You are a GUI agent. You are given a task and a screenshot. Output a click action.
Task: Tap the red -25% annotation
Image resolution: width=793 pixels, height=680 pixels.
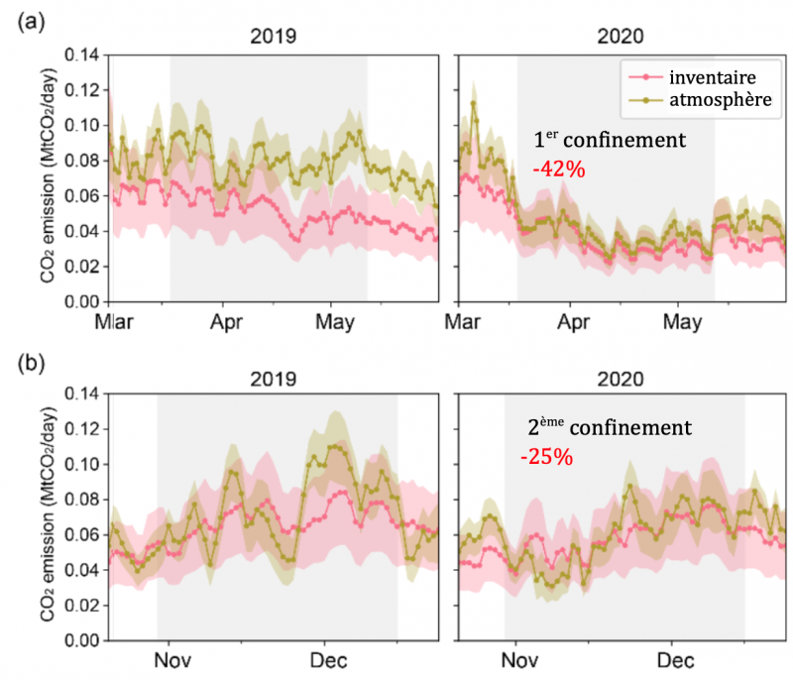546,458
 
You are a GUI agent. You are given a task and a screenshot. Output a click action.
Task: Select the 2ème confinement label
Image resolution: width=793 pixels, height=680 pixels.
609,428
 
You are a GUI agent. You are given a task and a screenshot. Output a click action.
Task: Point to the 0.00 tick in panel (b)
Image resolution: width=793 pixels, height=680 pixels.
84,641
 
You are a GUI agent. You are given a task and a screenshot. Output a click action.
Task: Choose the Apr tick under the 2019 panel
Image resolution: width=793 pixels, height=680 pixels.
228,322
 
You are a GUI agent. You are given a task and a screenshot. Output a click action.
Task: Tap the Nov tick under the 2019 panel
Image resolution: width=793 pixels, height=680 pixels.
173,660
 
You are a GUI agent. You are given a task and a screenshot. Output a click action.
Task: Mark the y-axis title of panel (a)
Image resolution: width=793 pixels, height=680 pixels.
48,178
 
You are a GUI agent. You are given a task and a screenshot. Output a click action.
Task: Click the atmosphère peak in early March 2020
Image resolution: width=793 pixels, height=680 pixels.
474,102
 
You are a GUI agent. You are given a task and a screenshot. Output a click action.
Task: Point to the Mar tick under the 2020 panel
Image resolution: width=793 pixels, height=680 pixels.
459,322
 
